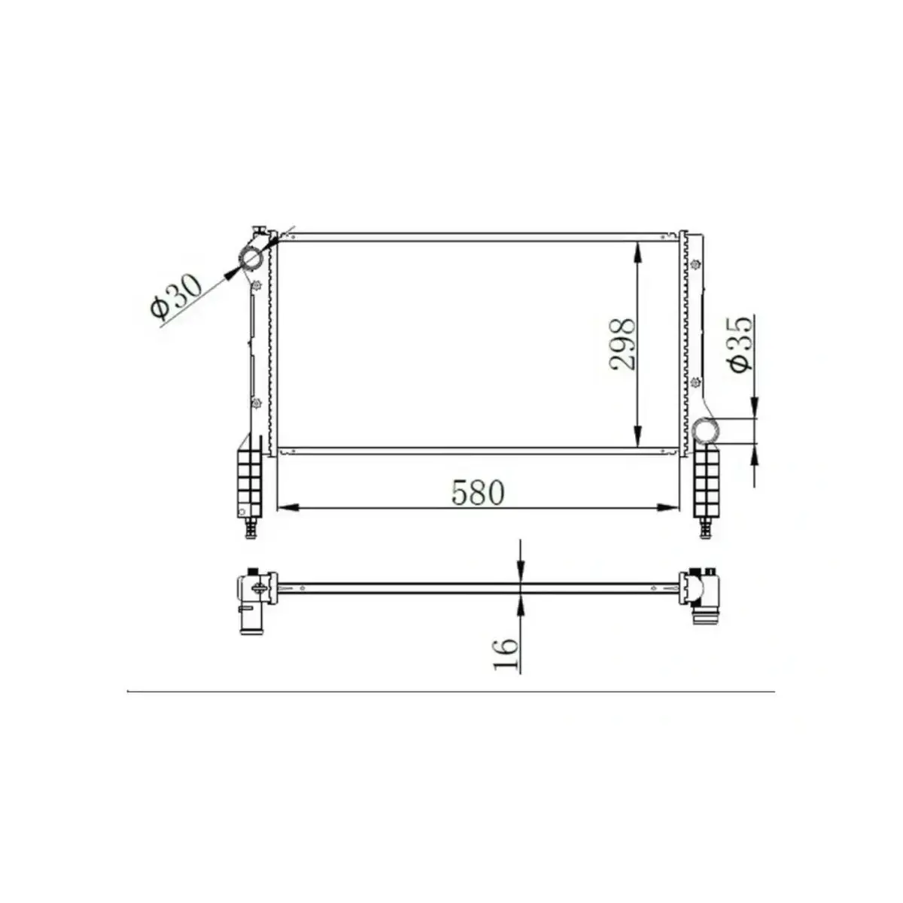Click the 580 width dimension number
click(477, 492)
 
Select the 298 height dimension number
click(623, 345)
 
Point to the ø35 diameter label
click(739, 343)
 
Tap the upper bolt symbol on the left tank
click(257, 285)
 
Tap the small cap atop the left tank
click(259, 229)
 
